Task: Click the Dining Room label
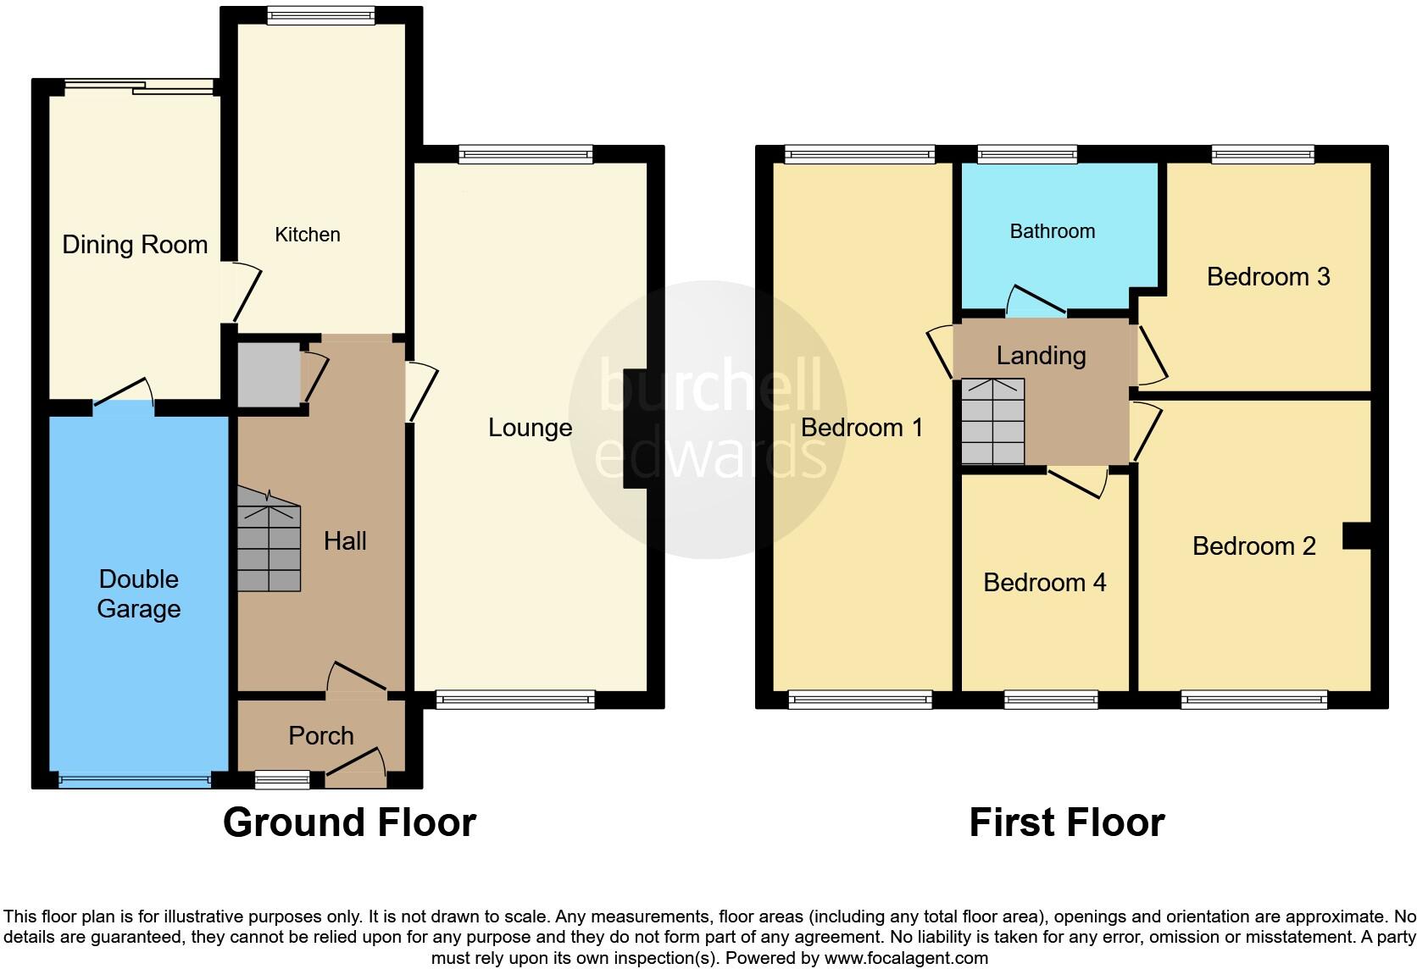135,245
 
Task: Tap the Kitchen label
307,235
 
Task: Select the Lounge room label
530,428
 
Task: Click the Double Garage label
139,594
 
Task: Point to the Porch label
320,735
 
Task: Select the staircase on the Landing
992,422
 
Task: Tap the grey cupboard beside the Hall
268,374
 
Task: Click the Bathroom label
1052,231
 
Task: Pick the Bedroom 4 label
1044,582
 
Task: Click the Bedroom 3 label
1268,277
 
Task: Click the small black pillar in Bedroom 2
1357,536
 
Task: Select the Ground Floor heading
349,822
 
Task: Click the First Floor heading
1066,822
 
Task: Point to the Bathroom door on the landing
1036,302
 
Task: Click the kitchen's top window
320,14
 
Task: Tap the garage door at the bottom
134,780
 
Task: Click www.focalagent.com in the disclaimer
905,958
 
